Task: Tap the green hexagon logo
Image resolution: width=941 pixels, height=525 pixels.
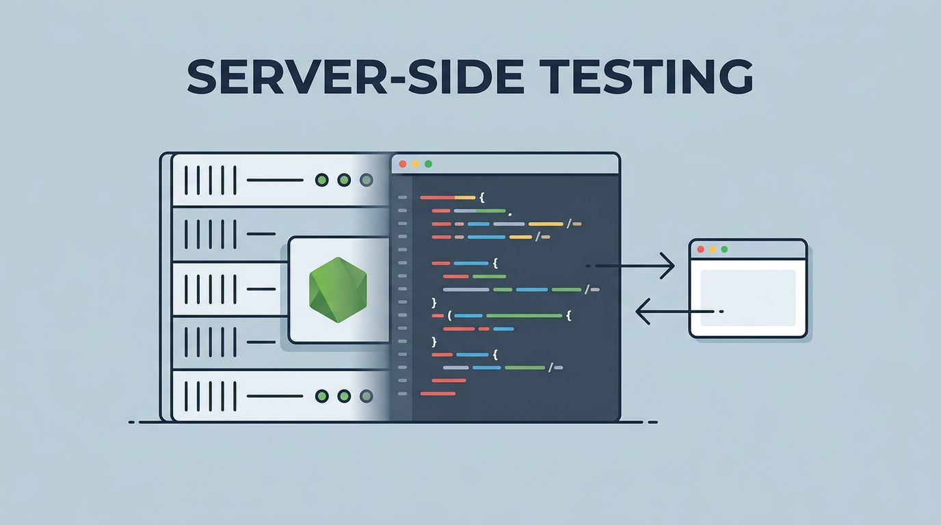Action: point(338,291)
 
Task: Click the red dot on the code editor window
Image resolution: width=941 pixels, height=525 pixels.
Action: point(402,164)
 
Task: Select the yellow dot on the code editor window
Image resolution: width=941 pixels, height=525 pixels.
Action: point(415,164)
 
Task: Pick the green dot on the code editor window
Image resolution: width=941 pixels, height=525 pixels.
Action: point(428,164)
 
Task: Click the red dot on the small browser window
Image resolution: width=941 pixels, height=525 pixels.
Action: point(700,250)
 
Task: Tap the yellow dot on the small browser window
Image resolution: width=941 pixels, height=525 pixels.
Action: point(713,250)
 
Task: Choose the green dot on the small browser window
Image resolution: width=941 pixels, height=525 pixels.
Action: point(725,250)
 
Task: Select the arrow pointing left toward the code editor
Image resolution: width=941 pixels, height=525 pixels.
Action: point(677,312)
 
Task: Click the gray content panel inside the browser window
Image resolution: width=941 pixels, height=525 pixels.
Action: point(748,297)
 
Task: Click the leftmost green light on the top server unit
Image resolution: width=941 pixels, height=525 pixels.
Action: point(321,180)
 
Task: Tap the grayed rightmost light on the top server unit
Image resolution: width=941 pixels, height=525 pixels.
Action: point(367,180)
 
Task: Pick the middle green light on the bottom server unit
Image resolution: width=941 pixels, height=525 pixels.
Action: point(344,396)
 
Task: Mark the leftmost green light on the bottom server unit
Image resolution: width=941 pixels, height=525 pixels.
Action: point(321,396)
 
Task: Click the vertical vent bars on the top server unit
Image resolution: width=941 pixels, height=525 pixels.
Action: point(211,180)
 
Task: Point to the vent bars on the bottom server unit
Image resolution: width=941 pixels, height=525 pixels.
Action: point(211,396)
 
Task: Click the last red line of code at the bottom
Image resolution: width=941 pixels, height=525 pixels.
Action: point(438,393)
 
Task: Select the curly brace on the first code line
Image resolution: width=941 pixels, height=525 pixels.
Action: point(481,198)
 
